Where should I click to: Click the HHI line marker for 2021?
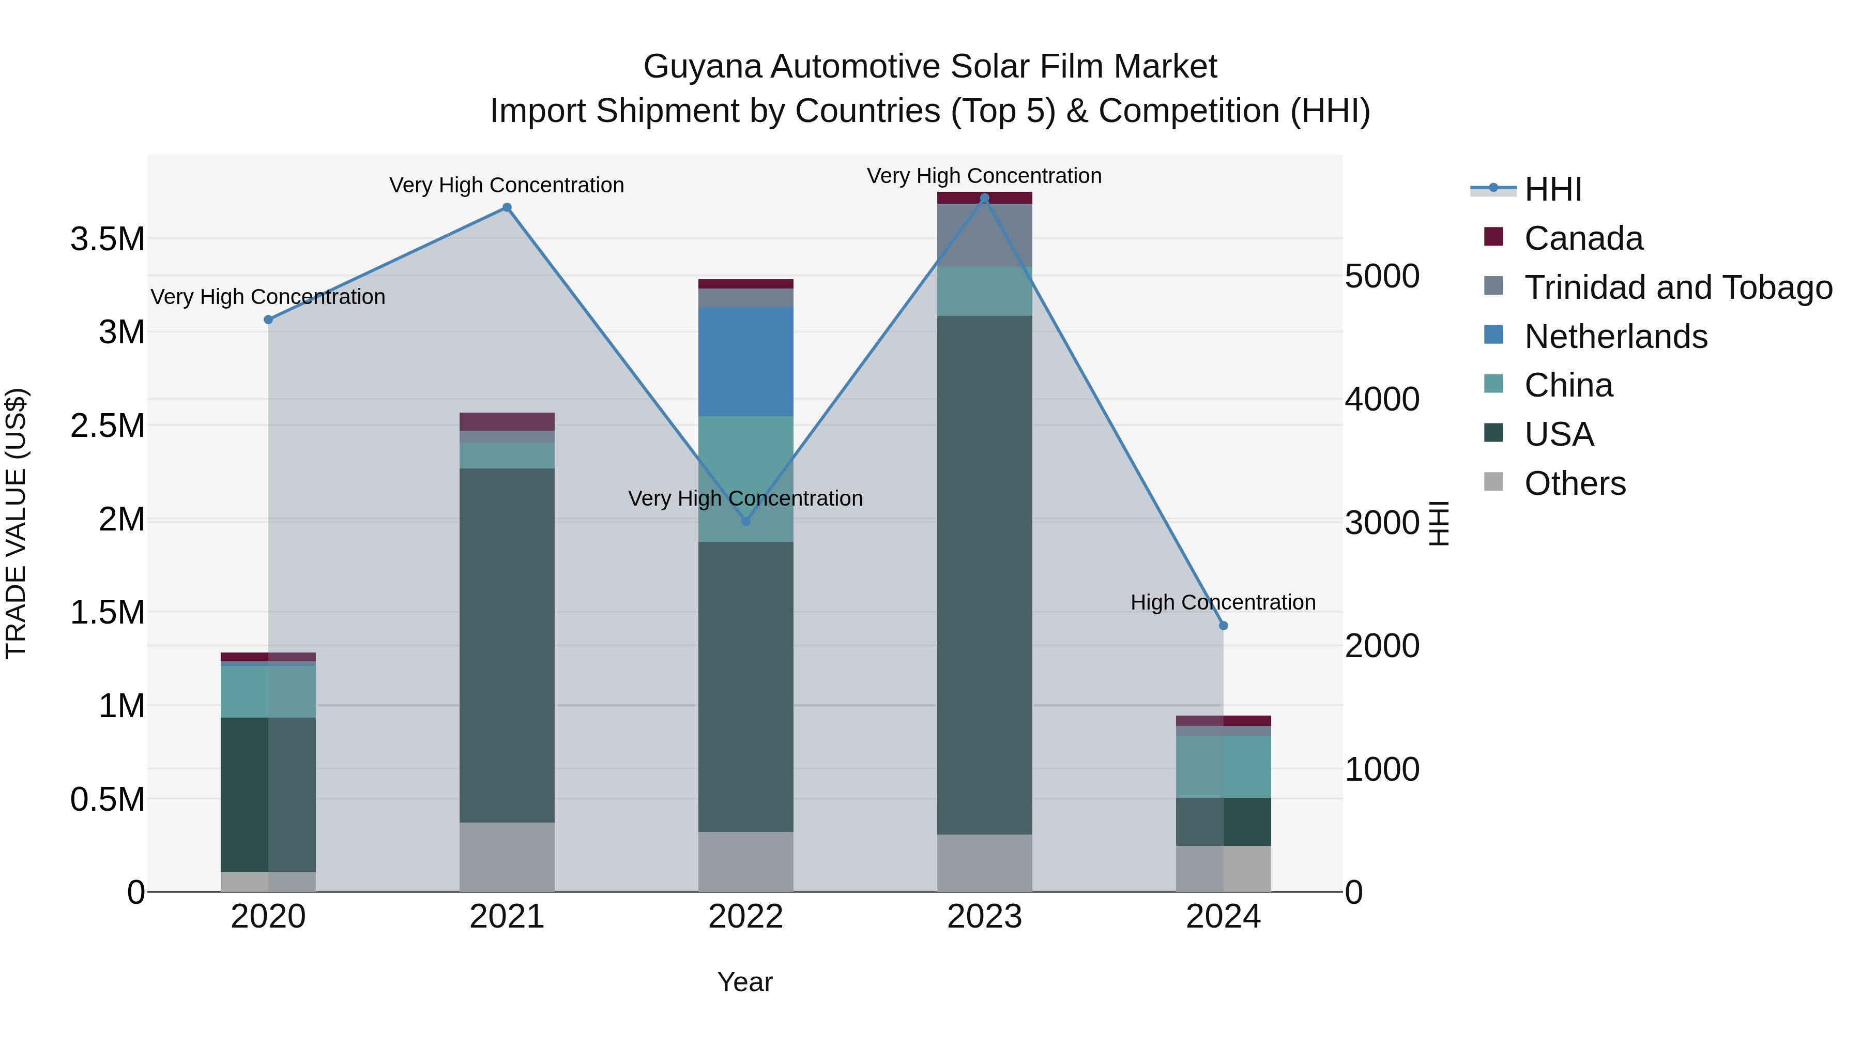(x=507, y=207)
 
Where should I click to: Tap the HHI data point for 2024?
(x=1223, y=626)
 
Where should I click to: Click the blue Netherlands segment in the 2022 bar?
(x=745, y=361)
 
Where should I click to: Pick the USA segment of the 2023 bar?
(x=984, y=574)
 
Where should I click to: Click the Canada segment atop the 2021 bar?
(x=507, y=421)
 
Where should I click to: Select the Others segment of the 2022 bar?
(x=745, y=861)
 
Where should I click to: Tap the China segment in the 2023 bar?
(x=984, y=291)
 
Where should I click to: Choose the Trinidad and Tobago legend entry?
(x=1677, y=287)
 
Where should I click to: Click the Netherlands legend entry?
(x=1615, y=337)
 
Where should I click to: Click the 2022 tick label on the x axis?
(x=745, y=917)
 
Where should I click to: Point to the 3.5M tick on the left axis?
(x=108, y=239)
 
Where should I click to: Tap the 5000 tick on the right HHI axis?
(x=1382, y=276)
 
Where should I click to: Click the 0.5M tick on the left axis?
(x=108, y=800)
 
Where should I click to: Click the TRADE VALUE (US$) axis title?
(x=16, y=523)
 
